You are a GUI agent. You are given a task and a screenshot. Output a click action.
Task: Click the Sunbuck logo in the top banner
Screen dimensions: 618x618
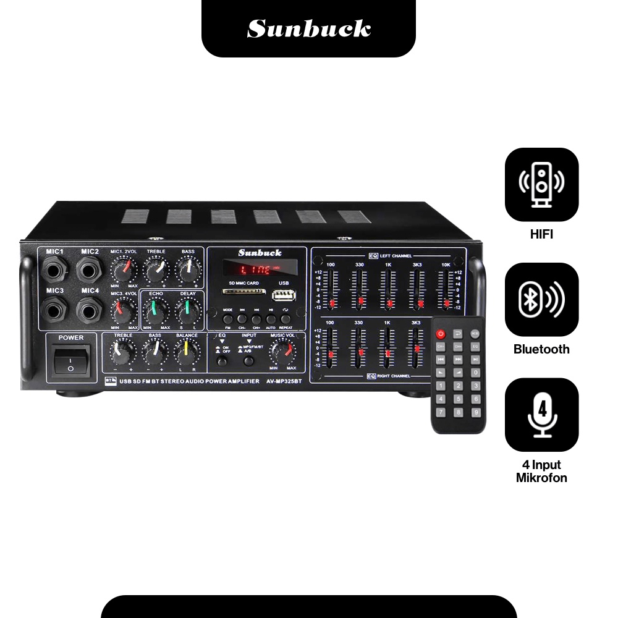coord(308,28)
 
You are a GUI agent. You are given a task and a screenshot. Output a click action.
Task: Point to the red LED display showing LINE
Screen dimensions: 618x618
coord(260,269)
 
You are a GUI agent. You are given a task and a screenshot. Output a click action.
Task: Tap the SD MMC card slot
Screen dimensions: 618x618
coord(245,292)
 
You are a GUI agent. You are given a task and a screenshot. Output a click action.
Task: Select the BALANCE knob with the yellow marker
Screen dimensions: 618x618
coord(186,352)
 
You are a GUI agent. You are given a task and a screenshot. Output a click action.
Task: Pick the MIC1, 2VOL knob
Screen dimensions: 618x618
coord(123,269)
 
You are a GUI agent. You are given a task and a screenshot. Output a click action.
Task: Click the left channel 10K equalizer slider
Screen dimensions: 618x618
coord(446,303)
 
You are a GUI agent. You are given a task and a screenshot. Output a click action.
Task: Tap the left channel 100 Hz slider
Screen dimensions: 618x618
coord(332,303)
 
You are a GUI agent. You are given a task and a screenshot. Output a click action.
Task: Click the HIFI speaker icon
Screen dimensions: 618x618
coord(541,185)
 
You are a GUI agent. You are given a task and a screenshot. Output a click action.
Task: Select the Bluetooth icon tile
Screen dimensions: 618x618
coord(541,299)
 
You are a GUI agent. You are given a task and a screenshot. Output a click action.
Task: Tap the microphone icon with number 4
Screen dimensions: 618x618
coord(541,415)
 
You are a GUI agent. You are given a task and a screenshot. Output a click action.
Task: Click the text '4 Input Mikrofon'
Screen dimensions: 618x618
coord(541,471)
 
